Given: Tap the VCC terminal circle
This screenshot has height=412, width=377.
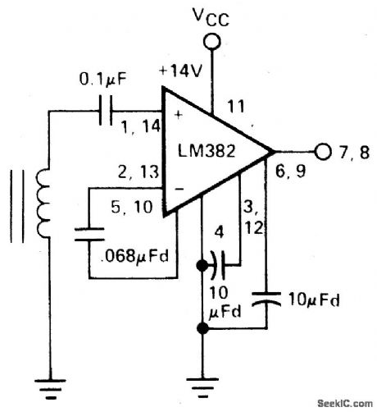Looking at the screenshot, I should point(212,41).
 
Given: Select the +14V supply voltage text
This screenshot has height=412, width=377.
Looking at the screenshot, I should point(183,71).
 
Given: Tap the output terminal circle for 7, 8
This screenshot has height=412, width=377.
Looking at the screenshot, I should point(322,152).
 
